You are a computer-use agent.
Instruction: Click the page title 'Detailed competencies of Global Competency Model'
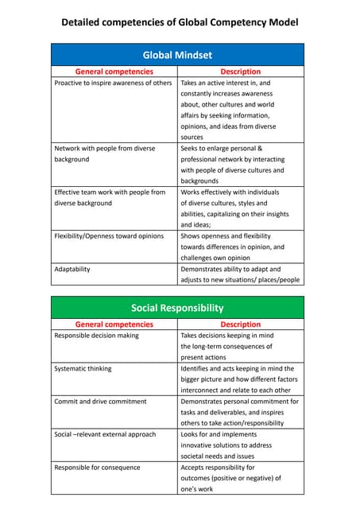click(180, 21)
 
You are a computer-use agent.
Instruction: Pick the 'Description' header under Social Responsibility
click(240, 324)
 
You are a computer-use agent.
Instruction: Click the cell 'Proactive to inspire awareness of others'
click(113, 83)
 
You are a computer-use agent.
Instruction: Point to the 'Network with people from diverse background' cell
click(104, 153)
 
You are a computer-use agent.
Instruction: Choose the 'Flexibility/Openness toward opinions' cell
click(109, 236)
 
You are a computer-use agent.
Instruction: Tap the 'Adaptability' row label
click(72, 269)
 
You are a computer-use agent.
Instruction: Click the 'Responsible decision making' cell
click(96, 336)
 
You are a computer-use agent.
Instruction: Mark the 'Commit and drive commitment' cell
click(100, 402)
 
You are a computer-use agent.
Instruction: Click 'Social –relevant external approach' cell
click(105, 434)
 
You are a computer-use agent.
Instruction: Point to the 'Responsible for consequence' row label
click(96, 468)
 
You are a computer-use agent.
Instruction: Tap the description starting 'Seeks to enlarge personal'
click(231, 165)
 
